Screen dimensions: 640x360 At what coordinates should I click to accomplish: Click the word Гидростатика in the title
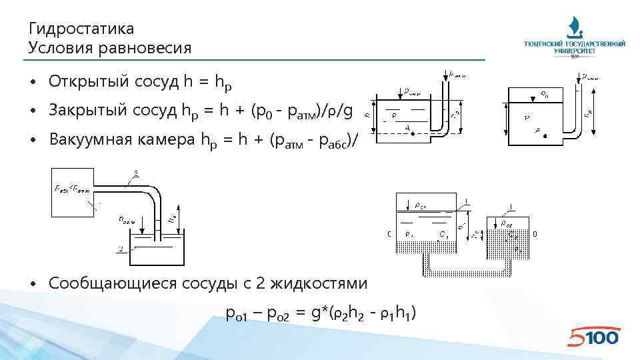point(81,29)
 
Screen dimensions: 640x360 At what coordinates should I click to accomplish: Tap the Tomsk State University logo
point(575,37)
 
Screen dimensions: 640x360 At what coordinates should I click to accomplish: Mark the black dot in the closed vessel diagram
point(545,137)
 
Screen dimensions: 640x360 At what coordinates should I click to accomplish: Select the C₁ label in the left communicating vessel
point(443,234)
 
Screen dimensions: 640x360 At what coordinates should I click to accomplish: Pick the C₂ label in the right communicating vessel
point(513,234)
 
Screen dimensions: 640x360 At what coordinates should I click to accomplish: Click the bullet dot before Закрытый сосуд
point(33,111)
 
